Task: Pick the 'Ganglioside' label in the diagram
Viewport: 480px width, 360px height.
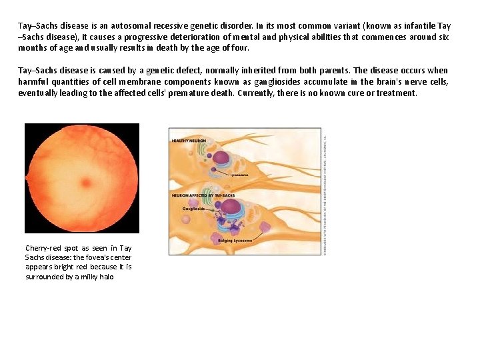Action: (x=193, y=209)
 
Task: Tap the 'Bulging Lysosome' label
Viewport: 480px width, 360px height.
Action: (x=235, y=240)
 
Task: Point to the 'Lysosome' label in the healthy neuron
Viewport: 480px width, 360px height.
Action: (x=239, y=175)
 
